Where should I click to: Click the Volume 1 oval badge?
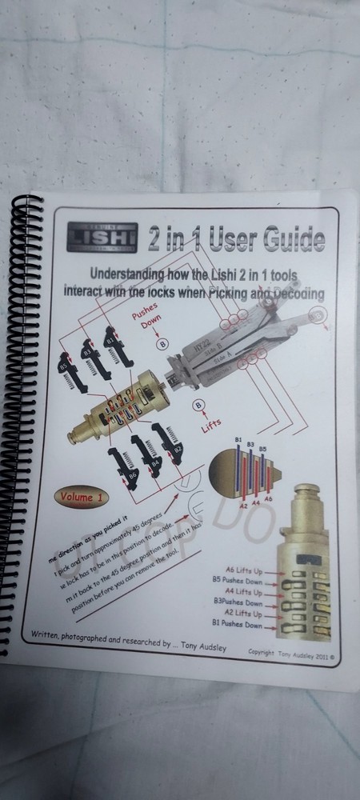click(x=80, y=496)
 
